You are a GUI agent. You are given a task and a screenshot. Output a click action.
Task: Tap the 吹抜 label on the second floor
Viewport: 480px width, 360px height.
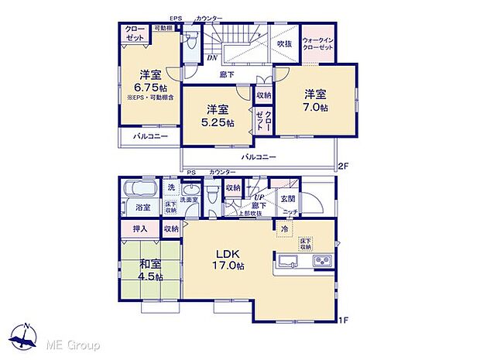pyautogui.click(x=284, y=43)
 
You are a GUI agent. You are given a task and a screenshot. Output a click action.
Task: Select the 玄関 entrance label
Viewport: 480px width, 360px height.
pyautogui.click(x=288, y=199)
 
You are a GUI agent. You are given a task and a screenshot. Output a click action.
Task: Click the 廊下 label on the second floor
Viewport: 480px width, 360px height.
pyautogui.click(x=226, y=75)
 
